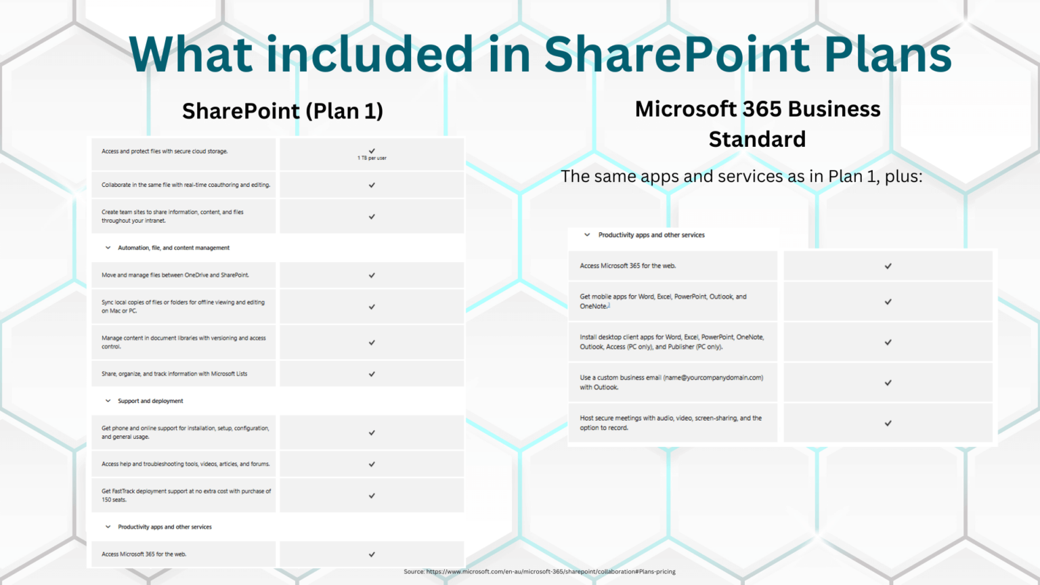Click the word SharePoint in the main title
[x=677, y=54]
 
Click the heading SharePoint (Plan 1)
[x=282, y=111]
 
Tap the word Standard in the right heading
[x=757, y=139]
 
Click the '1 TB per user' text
[x=372, y=158]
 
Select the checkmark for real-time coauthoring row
[x=372, y=185]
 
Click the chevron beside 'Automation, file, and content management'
[x=108, y=248]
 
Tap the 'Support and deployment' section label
[x=150, y=401]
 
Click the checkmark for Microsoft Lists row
[x=372, y=374]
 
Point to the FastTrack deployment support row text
[x=186, y=496]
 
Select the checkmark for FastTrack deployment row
[x=372, y=496]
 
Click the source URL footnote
[x=540, y=571]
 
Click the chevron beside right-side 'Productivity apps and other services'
[x=587, y=235]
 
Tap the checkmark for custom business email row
[x=888, y=383]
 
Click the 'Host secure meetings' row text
[x=670, y=422]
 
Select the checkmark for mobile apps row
[x=888, y=302]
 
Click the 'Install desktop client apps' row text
[x=671, y=342]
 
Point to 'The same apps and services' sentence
[x=741, y=177]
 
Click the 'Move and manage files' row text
[x=175, y=275]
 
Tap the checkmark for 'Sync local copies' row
[x=372, y=307]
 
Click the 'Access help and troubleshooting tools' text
[x=186, y=464]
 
